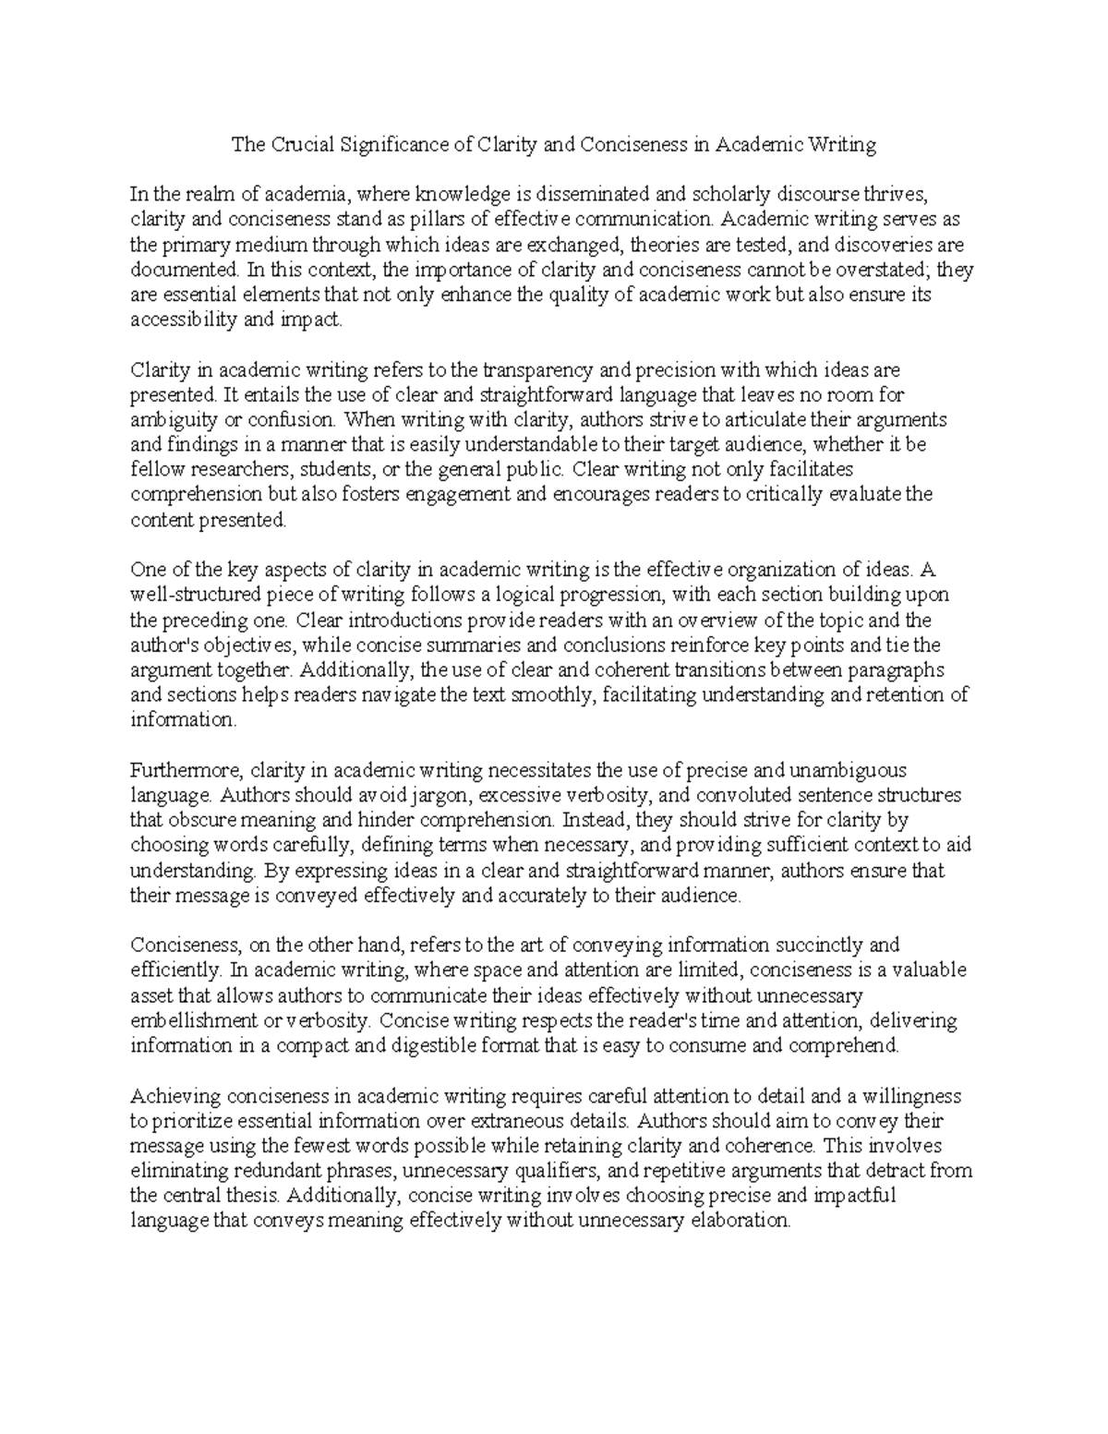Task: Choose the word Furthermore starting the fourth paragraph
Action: [187, 770]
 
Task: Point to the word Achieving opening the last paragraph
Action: [176, 1097]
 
